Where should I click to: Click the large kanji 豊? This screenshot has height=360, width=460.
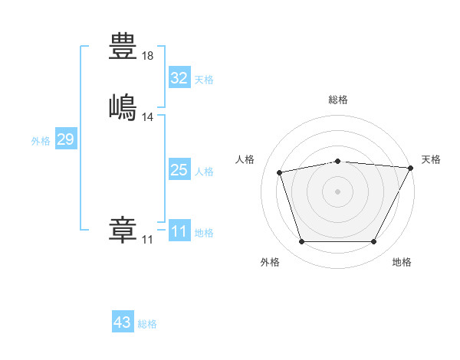(x=123, y=46)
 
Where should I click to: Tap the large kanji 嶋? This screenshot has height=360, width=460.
(x=123, y=107)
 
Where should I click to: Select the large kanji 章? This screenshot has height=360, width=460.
(x=123, y=230)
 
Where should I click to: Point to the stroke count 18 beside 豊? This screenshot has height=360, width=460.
(x=147, y=56)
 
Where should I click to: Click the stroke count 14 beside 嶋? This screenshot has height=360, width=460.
(x=147, y=117)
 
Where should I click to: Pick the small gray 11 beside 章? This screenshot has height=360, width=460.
(x=147, y=240)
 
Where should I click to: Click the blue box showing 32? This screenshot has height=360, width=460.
(x=179, y=77)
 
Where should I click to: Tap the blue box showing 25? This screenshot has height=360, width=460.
(x=179, y=169)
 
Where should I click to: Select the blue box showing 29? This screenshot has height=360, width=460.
(x=66, y=138)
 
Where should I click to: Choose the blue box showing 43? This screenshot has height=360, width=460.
(x=123, y=321)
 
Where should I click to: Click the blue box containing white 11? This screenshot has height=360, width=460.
(x=179, y=230)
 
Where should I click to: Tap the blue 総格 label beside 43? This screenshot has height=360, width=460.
(x=147, y=324)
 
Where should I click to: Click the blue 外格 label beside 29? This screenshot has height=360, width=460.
(x=41, y=141)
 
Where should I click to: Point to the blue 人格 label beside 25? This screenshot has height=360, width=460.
(x=204, y=172)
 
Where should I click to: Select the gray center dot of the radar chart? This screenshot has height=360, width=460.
(x=337, y=191)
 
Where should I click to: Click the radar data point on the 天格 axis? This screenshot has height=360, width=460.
(x=411, y=168)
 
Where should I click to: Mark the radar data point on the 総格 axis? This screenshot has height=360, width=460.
(x=338, y=162)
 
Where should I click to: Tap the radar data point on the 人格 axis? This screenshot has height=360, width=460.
(x=279, y=172)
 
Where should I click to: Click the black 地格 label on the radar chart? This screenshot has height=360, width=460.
(x=402, y=262)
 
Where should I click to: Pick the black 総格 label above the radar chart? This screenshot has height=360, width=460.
(x=338, y=100)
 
